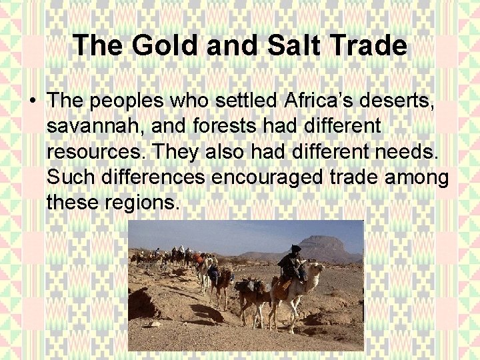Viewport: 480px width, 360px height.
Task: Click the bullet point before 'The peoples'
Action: point(31,102)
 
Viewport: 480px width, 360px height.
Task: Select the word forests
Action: point(224,126)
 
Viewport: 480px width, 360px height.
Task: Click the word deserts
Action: point(408,101)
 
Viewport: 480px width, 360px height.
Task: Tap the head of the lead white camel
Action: point(319,269)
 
